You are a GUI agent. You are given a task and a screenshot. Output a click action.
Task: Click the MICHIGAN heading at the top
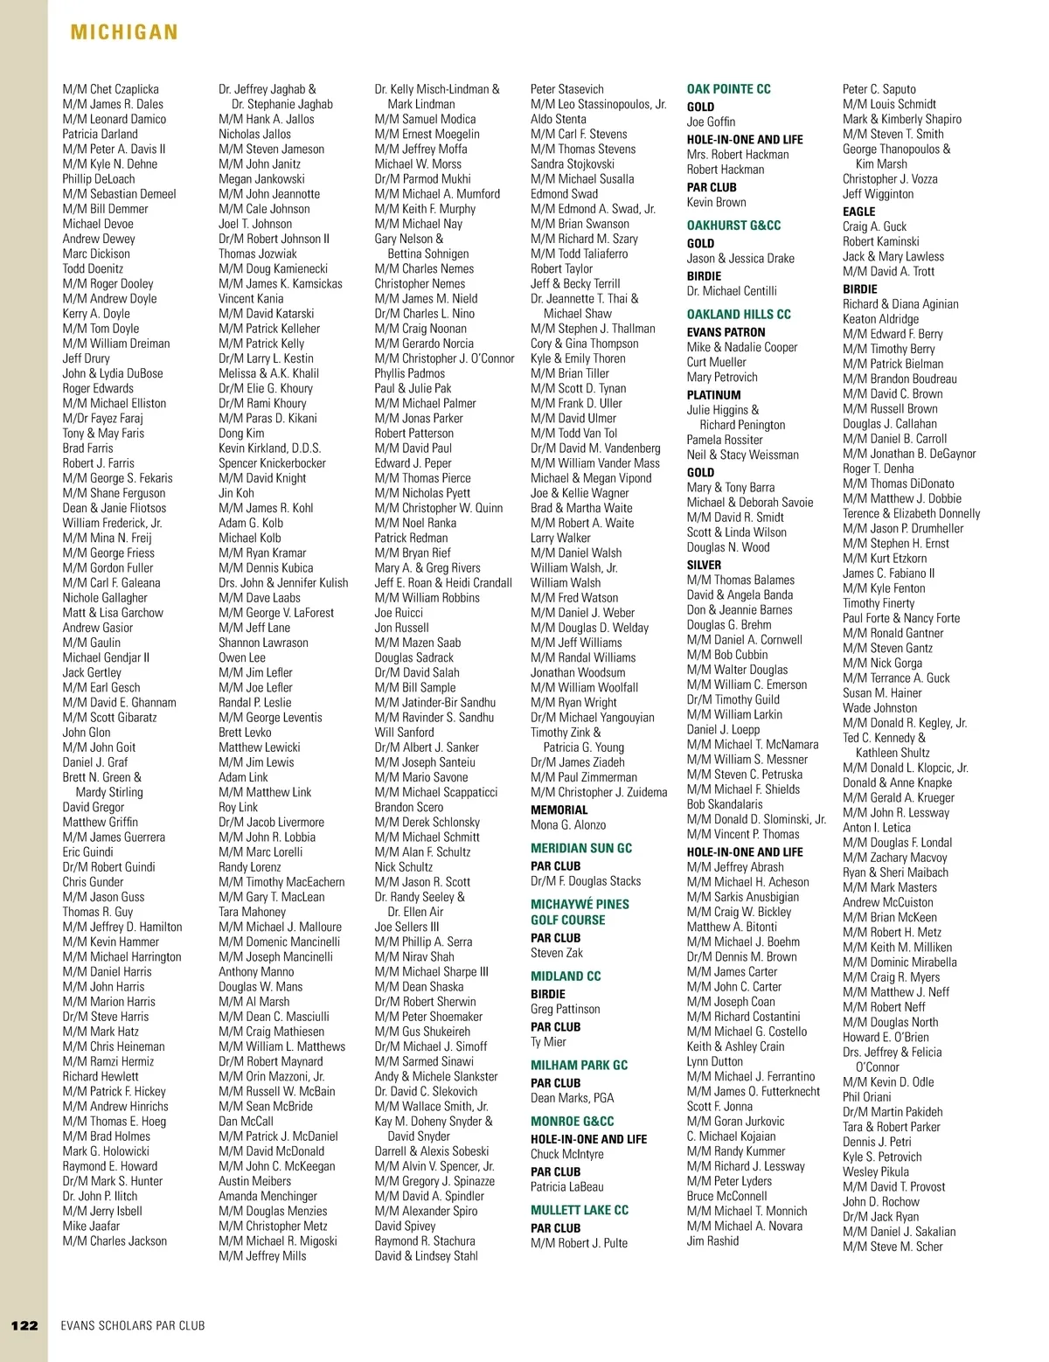tap(124, 33)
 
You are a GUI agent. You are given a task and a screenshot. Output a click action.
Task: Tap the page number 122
tap(24, 1325)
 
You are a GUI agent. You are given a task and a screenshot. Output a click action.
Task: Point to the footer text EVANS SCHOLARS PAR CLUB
tap(133, 1325)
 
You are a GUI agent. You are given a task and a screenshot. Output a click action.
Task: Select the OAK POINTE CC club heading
tap(728, 89)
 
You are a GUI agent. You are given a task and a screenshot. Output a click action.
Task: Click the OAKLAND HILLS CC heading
tap(739, 314)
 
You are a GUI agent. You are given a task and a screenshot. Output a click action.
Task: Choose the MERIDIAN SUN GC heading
tap(580, 848)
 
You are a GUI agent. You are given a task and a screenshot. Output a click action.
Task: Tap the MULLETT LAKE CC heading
tap(579, 1210)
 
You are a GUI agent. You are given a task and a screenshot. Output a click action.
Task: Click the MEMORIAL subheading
tap(559, 810)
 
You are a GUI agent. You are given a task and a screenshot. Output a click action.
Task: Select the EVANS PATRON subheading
tap(726, 332)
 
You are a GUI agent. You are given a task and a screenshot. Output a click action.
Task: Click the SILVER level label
tap(704, 565)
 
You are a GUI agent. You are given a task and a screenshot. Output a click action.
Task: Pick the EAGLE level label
tap(858, 212)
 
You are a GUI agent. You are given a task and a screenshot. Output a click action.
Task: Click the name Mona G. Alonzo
tap(567, 824)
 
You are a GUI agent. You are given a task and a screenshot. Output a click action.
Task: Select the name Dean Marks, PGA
tap(572, 1098)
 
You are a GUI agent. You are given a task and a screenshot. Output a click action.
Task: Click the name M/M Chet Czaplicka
tap(110, 89)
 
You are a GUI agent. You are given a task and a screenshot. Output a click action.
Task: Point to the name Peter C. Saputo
tap(879, 89)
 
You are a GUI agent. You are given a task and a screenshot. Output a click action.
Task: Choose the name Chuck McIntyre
tap(566, 1154)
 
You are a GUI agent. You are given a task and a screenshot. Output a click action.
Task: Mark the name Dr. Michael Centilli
tap(731, 291)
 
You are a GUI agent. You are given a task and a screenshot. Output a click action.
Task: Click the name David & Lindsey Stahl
tap(426, 1256)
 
